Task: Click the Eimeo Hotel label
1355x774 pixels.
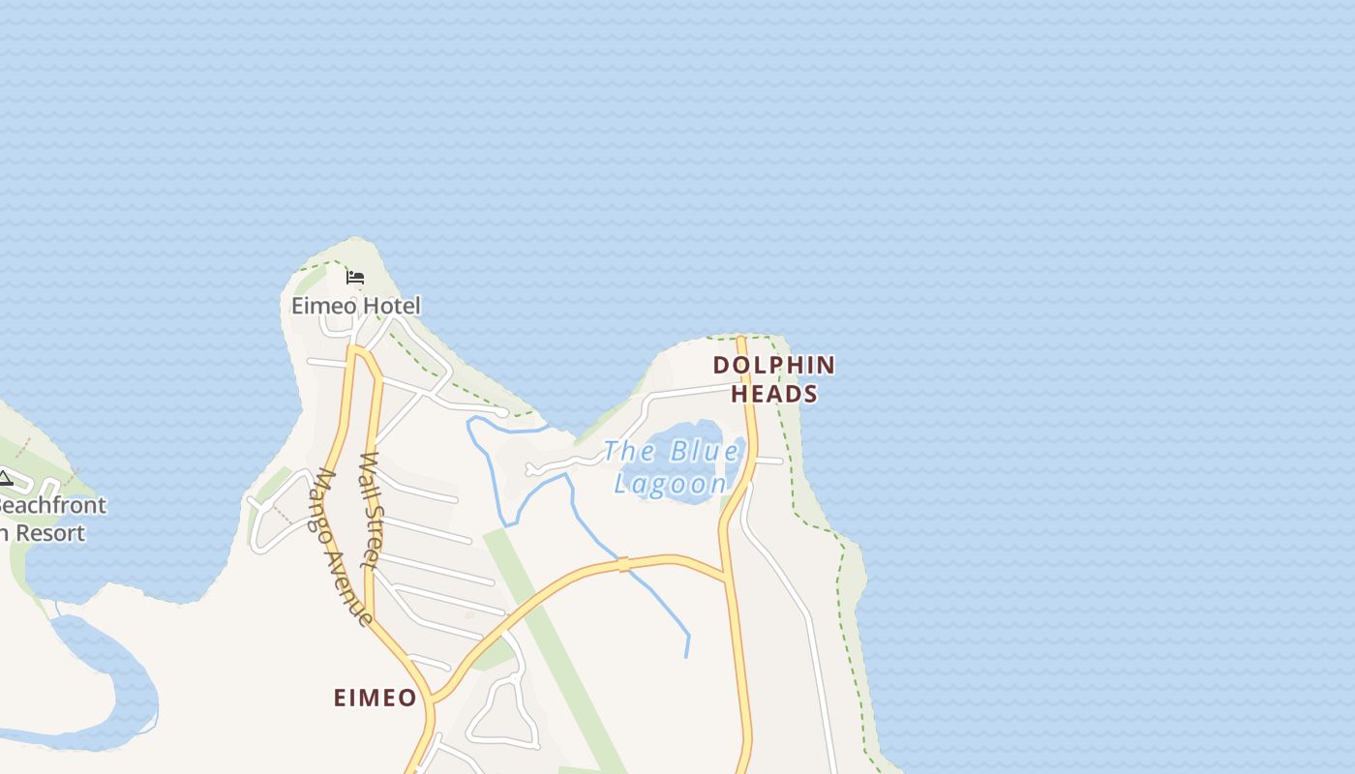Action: click(356, 307)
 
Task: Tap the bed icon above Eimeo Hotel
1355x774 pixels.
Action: click(355, 279)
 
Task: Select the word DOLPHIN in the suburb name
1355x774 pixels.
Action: click(773, 365)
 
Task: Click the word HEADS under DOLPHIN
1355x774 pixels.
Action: click(773, 394)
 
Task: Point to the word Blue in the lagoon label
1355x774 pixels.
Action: click(704, 452)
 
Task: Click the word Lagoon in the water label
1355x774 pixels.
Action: click(671, 484)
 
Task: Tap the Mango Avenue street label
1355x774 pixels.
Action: click(344, 548)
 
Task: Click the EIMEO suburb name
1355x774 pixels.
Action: click(375, 698)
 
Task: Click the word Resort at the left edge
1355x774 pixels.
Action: click(48, 533)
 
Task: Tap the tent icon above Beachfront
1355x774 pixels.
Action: click(5, 478)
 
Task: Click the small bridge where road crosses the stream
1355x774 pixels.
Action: click(624, 564)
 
